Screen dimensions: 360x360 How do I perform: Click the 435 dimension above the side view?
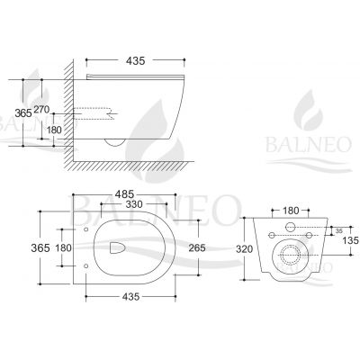[x=135, y=61]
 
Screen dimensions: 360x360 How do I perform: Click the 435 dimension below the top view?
[x=131, y=297]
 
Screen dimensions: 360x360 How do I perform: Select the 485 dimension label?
[x=124, y=194]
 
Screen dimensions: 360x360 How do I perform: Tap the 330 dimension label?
[x=134, y=204]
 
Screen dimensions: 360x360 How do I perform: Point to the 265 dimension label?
[x=197, y=247]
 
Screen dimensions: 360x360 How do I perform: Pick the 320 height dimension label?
[x=244, y=248]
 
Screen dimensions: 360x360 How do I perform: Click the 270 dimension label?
[x=41, y=110]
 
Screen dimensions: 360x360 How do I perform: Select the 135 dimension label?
[x=351, y=240]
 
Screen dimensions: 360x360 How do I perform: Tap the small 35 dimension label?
[x=339, y=231]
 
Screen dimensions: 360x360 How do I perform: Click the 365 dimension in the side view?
[x=23, y=112]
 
